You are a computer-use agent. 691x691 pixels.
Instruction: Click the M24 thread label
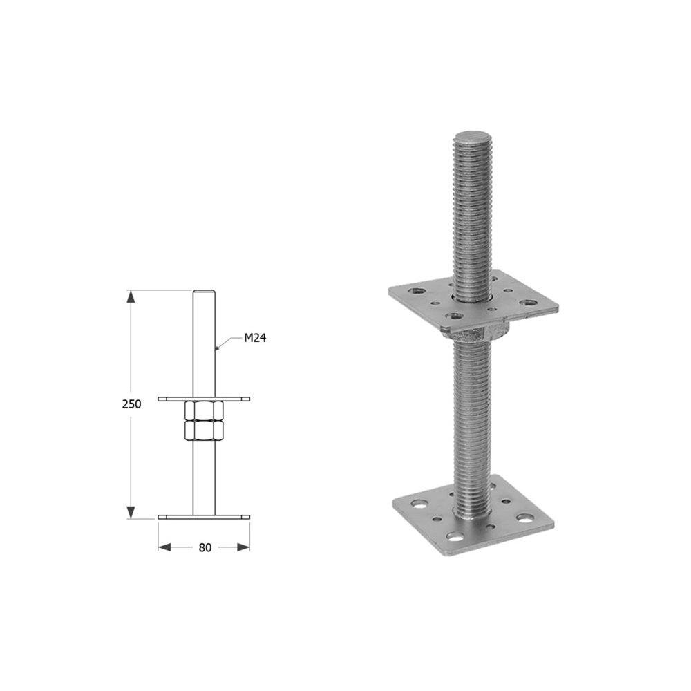[255, 338]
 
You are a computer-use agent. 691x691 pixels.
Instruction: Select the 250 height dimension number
[131, 404]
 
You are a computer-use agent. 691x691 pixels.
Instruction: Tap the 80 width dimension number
[205, 547]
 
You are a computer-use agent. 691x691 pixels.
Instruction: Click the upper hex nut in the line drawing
[204, 410]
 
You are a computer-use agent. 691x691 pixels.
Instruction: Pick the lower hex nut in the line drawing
[204, 430]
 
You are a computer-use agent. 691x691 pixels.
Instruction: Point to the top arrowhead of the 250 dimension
[131, 296]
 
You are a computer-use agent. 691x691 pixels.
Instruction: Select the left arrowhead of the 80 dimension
[164, 547]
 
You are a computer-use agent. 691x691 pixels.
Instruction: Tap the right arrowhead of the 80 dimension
[243, 547]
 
